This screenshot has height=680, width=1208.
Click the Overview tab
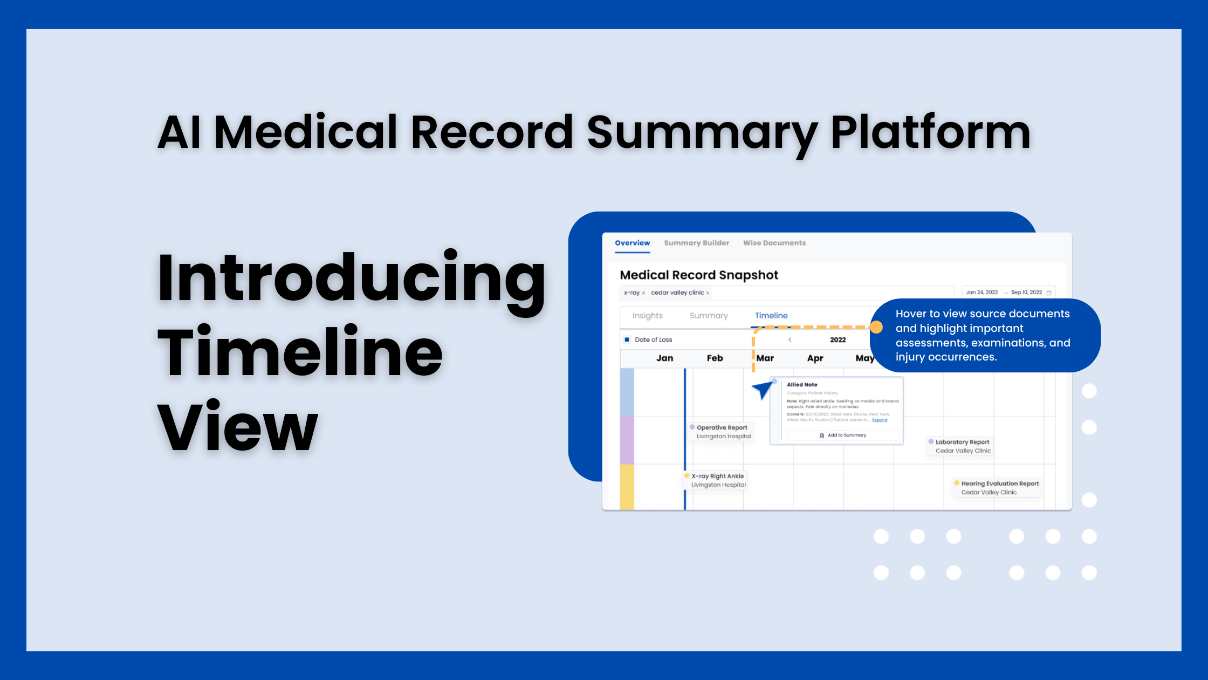pos(632,243)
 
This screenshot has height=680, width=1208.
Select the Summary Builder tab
pos(696,243)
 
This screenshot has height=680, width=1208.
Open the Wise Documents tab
pos(774,243)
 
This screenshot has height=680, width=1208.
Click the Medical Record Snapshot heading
pos(699,275)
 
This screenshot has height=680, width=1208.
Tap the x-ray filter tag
pos(632,293)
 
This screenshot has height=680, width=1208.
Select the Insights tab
pos(647,316)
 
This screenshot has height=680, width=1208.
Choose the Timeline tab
pos(771,316)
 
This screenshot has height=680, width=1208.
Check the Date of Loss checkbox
pos(627,339)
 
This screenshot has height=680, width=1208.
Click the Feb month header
pos(715,358)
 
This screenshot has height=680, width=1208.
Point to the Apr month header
pos(815,358)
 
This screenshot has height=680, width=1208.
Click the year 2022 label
pos(838,339)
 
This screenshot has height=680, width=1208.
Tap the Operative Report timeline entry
pos(722,432)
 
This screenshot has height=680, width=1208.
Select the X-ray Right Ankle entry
pos(717,480)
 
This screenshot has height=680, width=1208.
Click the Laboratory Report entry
pos(962,446)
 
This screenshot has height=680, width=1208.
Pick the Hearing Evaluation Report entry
pos(999,488)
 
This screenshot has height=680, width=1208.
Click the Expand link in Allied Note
pos(879,420)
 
